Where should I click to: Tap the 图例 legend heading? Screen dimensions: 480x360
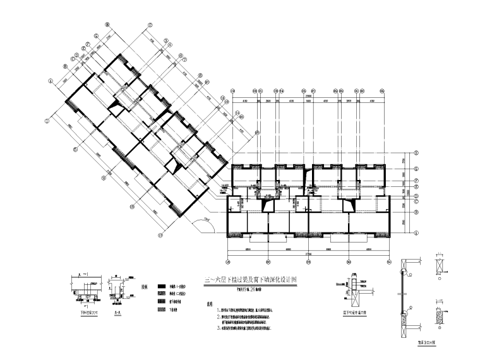tap(147, 286)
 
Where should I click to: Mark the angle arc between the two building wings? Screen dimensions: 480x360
tap(205, 224)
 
